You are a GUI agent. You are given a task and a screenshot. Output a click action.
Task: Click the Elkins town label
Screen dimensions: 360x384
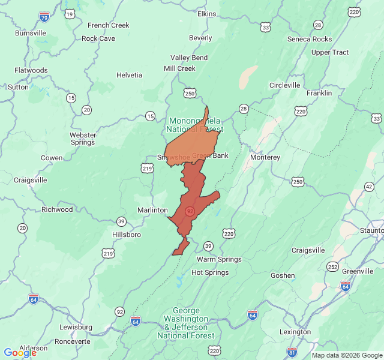coord(206,13)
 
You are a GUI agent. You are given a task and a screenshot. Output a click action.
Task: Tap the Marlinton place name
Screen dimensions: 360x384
coord(152,210)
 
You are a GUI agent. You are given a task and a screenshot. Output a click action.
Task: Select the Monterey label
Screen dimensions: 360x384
coord(265,157)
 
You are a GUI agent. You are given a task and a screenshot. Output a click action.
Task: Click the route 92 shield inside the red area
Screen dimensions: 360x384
coord(190,211)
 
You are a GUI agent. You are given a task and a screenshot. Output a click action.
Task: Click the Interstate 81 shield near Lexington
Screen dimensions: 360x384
coord(292,351)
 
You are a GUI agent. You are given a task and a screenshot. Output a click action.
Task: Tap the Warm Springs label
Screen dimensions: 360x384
coord(219,259)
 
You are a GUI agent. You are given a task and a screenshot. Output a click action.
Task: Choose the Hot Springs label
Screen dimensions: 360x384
coord(209,272)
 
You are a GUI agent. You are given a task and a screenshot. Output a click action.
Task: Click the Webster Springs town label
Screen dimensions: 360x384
coord(83,139)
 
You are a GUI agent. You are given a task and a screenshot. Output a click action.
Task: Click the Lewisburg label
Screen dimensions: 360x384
coord(76,327)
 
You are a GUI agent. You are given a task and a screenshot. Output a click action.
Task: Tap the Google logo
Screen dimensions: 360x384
coord(20,353)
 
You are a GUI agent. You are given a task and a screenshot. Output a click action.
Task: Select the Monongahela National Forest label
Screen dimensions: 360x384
coord(194,125)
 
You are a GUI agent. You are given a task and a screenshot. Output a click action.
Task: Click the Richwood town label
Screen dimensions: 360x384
coord(57,209)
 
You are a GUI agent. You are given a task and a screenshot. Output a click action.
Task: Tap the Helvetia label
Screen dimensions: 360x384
coord(129,75)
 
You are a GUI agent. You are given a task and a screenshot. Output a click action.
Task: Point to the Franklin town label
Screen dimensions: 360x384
coord(319,93)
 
